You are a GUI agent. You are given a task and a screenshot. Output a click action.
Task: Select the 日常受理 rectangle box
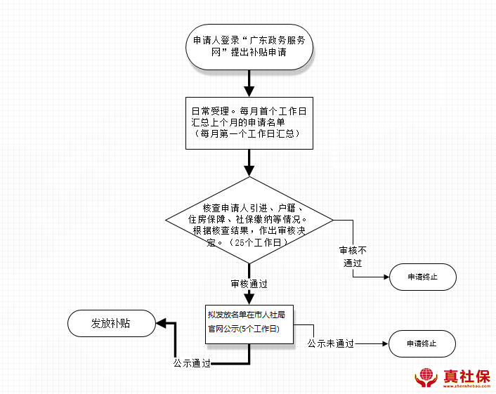pos(249,122)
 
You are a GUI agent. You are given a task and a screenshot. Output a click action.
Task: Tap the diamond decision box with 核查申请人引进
pos(249,224)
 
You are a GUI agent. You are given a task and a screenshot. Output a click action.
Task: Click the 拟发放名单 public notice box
pos(246,322)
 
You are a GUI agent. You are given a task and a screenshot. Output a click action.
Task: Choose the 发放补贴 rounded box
pos(111,323)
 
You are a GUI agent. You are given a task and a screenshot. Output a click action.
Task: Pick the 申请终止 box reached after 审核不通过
pos(422,277)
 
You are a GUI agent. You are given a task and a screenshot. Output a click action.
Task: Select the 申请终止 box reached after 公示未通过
pos(422,344)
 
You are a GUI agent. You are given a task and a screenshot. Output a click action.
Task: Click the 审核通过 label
pos(249,284)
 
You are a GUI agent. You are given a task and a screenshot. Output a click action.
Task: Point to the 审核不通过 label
pos(353,257)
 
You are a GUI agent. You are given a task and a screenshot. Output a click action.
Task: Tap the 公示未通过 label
pos(330,344)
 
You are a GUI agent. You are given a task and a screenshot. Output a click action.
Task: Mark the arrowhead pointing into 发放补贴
pos(161,323)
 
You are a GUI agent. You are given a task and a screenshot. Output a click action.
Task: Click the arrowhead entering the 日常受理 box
pos(249,91)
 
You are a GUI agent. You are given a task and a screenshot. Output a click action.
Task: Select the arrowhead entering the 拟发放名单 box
pos(249,299)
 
